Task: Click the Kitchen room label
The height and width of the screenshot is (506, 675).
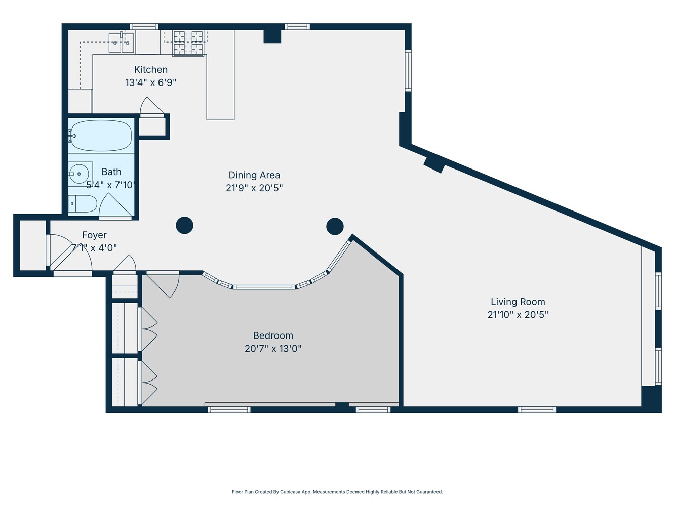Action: tap(150, 70)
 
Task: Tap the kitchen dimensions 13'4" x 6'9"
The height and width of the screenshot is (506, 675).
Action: tap(150, 82)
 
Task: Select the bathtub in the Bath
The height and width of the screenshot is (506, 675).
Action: tap(101, 136)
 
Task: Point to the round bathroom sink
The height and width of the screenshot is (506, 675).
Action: tap(78, 174)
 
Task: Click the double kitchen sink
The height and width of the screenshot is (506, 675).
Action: tap(122, 43)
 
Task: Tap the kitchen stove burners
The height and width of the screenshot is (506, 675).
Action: tap(188, 43)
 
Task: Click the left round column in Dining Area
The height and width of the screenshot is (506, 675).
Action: tap(184, 225)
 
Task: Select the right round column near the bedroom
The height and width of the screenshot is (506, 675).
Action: tap(335, 226)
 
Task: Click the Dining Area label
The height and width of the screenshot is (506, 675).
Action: tap(254, 175)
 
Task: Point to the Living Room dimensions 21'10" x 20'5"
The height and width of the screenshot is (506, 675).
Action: tap(518, 315)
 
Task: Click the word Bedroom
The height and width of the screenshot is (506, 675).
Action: tap(273, 335)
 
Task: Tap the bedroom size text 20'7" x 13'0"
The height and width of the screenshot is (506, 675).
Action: tap(273, 349)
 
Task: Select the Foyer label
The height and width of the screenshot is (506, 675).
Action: tap(94, 235)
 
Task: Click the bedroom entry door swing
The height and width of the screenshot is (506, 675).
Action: tap(165, 285)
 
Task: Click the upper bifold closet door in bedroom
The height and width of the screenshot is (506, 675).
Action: tap(149, 329)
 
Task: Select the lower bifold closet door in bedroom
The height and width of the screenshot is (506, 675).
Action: tap(149, 383)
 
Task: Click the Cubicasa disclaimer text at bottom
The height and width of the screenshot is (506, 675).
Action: tap(337, 492)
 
